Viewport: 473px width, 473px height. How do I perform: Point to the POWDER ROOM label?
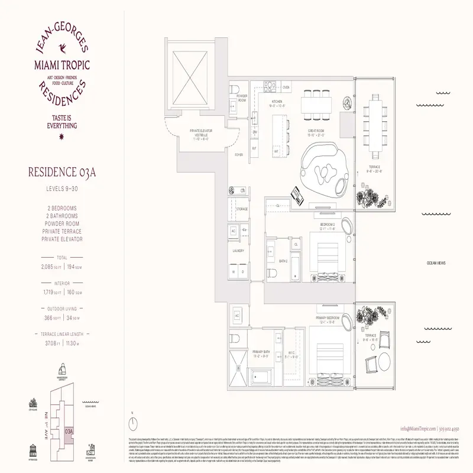click(241, 98)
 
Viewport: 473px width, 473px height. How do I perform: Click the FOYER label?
click(239, 155)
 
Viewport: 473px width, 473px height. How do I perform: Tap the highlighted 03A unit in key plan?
click(70, 433)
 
